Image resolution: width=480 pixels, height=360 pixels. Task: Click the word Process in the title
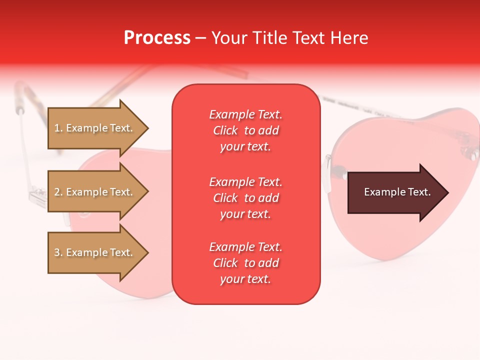pyautogui.click(x=157, y=38)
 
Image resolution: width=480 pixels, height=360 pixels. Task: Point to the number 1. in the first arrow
pyautogui.click(x=58, y=128)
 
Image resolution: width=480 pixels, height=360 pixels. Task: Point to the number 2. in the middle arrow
pyautogui.click(x=58, y=192)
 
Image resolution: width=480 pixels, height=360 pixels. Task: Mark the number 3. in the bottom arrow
pyautogui.click(x=58, y=252)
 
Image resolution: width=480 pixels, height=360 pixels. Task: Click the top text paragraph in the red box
pyautogui.click(x=245, y=130)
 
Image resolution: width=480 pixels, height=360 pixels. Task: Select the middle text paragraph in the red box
pyautogui.click(x=245, y=198)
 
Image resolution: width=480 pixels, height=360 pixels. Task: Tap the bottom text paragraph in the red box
pyautogui.click(x=245, y=263)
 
